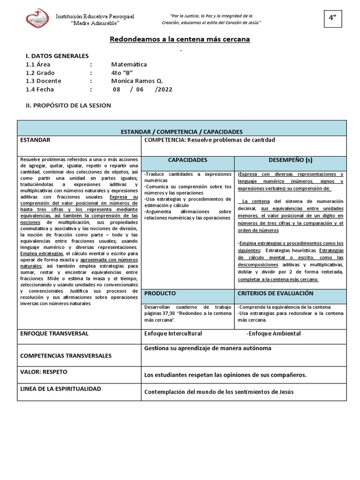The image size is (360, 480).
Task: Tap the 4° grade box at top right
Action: pos(332,18)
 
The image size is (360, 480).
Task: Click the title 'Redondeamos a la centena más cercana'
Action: pos(180,39)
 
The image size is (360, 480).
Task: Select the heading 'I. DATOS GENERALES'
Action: pos(57,56)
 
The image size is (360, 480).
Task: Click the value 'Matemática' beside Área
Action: pos(129,64)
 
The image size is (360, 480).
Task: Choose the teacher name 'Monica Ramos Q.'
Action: pos(137,81)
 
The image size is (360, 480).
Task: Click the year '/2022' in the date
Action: pos(164,89)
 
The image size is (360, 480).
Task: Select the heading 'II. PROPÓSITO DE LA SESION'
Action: pos(68,105)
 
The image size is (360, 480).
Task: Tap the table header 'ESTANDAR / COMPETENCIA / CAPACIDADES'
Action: pos(181,132)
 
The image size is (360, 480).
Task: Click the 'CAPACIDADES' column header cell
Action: pos(187,160)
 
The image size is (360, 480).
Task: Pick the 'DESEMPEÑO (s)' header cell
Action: pos(290,160)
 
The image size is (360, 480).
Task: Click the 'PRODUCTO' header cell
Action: pos(160,293)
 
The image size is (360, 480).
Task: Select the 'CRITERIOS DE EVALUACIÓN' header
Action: pos(275,293)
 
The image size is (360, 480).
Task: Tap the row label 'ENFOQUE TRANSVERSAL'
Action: pos(54,333)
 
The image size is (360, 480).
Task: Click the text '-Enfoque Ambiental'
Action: pos(273,333)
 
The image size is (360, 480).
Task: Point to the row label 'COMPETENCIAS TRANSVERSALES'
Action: pos(66,356)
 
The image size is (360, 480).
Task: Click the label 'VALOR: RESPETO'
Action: pos(44,372)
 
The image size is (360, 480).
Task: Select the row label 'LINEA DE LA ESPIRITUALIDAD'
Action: pos(60,389)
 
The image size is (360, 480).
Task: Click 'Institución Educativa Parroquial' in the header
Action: pos(95,16)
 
